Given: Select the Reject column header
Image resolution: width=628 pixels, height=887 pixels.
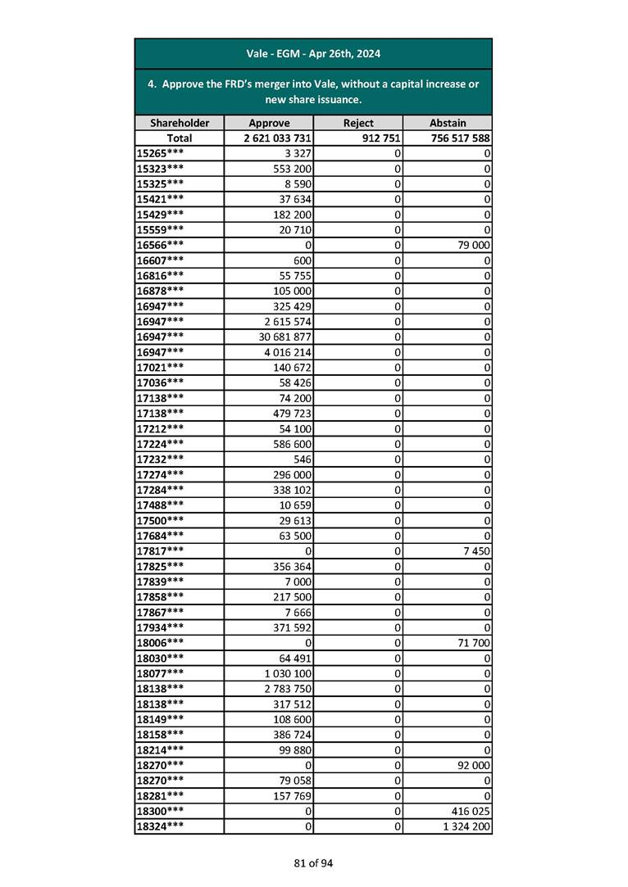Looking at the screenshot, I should click(357, 123).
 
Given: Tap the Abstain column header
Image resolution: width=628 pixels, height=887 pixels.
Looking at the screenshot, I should click(448, 123).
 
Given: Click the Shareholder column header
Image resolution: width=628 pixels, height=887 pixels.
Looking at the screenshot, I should click(180, 123).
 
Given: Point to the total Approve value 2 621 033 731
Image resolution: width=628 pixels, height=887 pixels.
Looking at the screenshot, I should click(277, 138).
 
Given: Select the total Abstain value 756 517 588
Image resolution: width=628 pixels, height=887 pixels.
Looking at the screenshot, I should click(460, 138).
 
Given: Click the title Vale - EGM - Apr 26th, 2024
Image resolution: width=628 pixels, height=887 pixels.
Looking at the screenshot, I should click(313, 54).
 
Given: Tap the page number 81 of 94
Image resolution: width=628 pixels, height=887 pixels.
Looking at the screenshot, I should click(314, 862).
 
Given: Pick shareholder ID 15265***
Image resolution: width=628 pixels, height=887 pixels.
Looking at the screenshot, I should click(160, 153).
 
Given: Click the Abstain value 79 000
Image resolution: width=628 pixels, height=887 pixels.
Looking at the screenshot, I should click(472, 245).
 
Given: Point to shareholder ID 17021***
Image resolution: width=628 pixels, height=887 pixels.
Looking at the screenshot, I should click(160, 367).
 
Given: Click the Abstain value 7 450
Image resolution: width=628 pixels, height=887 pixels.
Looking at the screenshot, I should click(476, 551).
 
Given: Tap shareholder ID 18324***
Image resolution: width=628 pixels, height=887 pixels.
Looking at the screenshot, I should click(160, 826).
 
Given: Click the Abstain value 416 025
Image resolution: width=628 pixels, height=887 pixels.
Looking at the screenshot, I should click(470, 811).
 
